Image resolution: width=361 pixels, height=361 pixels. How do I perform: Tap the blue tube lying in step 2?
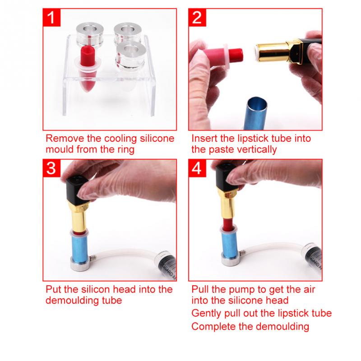click(x=255, y=111)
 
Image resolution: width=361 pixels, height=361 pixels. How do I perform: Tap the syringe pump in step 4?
click(x=311, y=262)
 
